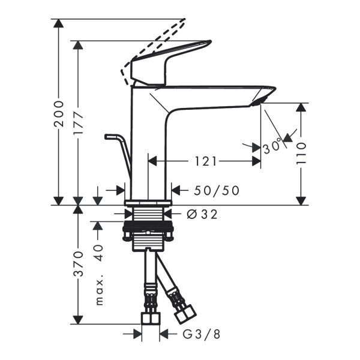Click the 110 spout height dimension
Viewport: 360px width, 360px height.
(302, 154)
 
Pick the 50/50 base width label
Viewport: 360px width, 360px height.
(217, 190)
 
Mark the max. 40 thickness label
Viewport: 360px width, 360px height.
(99, 273)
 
